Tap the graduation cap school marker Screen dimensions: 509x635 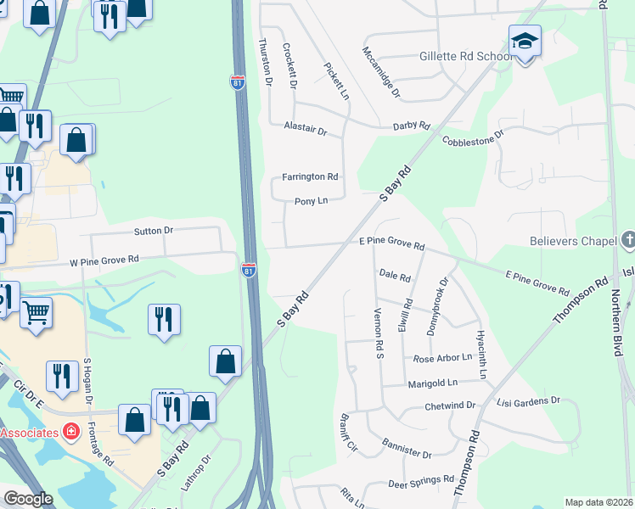[525, 40]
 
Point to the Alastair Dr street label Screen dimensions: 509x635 [305, 130]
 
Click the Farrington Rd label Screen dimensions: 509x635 [310, 176]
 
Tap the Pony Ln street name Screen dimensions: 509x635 [311, 201]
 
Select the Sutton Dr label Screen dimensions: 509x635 [153, 230]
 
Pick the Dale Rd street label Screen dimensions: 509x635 [395, 276]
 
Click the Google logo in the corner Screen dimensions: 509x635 [29, 499]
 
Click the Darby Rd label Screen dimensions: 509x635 [411, 126]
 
